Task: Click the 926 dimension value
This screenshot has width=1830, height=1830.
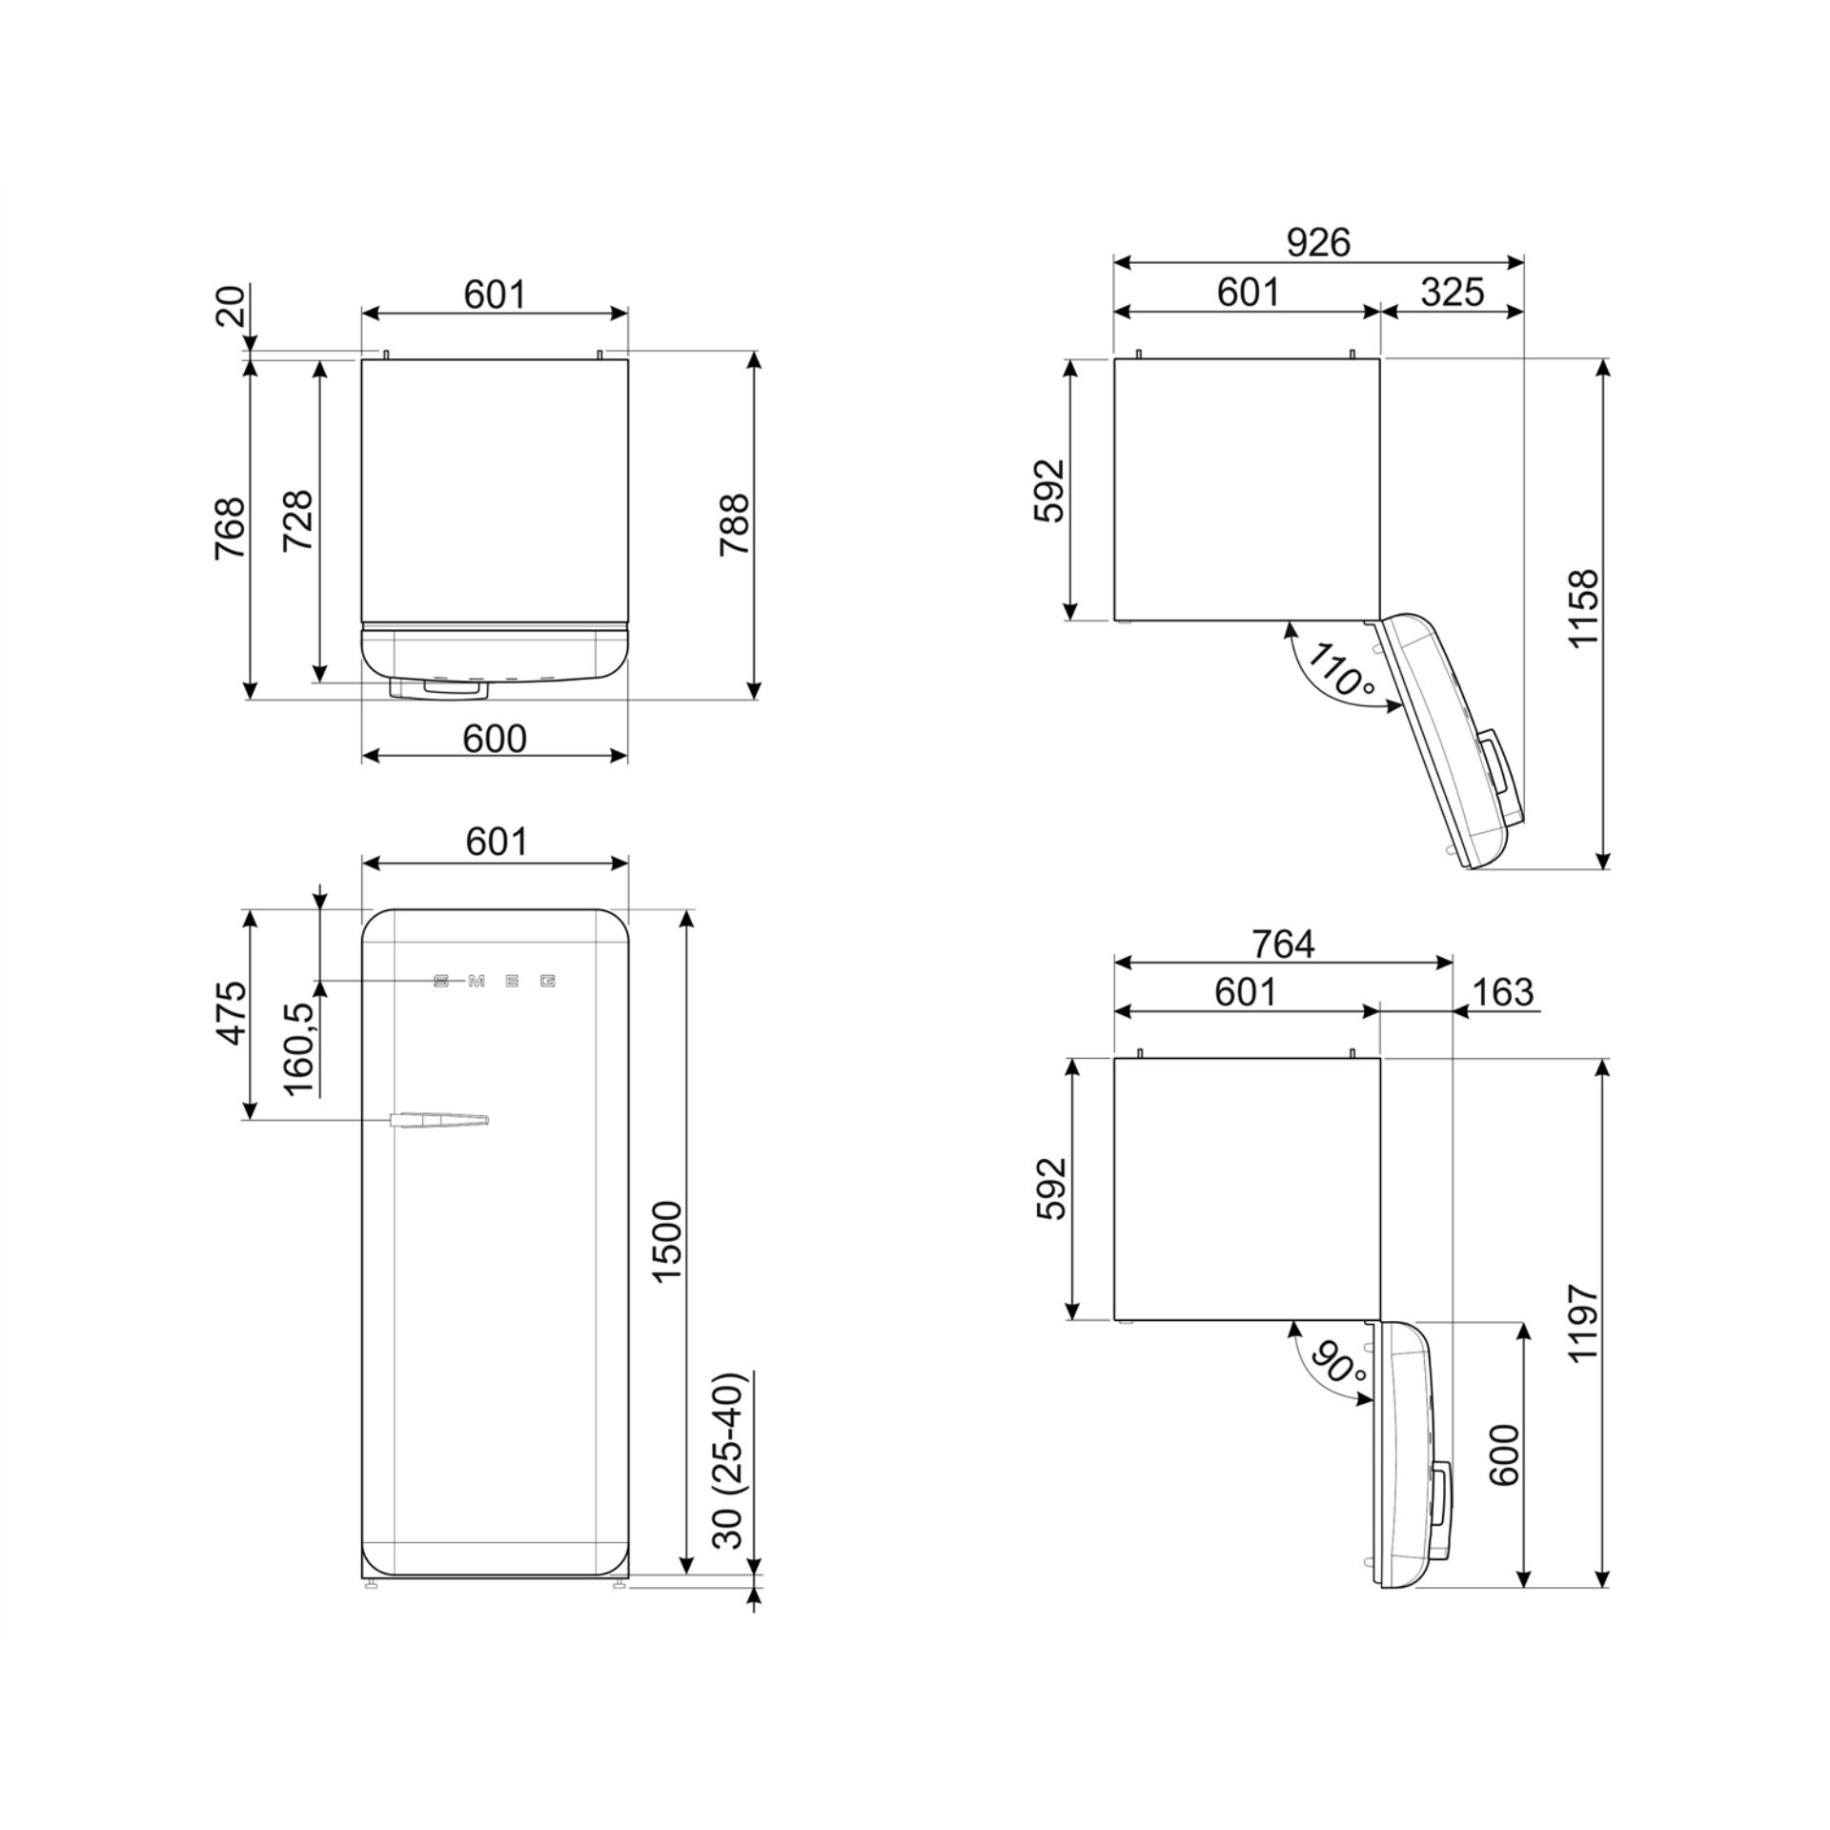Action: coord(1318,244)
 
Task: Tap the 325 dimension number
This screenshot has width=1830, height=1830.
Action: coord(1452,293)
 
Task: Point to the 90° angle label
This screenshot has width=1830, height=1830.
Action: coord(1337,1364)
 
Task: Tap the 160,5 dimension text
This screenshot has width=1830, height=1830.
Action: coord(298,1048)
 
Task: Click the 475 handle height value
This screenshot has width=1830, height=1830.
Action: coord(231,1013)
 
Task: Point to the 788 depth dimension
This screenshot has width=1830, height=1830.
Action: coord(735,525)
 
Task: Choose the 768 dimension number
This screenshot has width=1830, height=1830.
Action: coord(231,528)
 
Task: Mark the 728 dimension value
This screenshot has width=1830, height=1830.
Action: coord(298,520)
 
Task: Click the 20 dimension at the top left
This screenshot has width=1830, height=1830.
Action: coord(233,307)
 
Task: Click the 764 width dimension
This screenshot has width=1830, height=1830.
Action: coord(1283,944)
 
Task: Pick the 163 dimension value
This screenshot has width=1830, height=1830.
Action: coord(1502,992)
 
